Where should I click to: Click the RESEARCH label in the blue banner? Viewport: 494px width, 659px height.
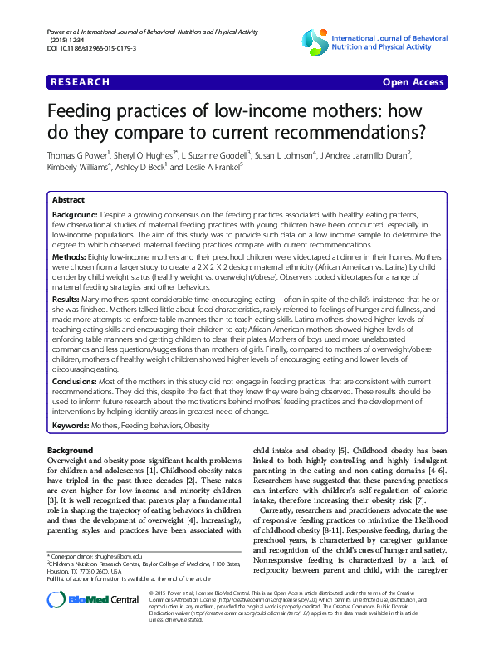point(81,82)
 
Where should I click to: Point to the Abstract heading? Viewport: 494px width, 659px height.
point(68,201)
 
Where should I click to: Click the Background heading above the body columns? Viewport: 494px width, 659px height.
point(71,450)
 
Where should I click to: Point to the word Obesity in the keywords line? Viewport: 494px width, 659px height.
point(197,426)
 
